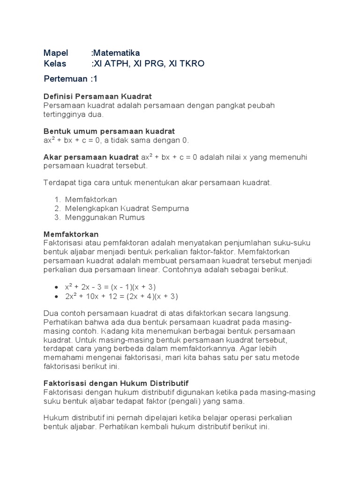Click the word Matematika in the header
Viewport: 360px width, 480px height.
117,52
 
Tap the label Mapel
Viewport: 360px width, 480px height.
56,52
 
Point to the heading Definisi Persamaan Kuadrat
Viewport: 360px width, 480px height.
97,96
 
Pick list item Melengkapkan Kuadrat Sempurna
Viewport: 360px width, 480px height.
127,208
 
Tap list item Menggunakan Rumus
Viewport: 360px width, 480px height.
105,217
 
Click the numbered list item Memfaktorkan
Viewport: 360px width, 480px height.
91,199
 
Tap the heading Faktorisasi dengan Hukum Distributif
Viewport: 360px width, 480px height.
116,382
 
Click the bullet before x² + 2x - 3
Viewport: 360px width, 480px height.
56,287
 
